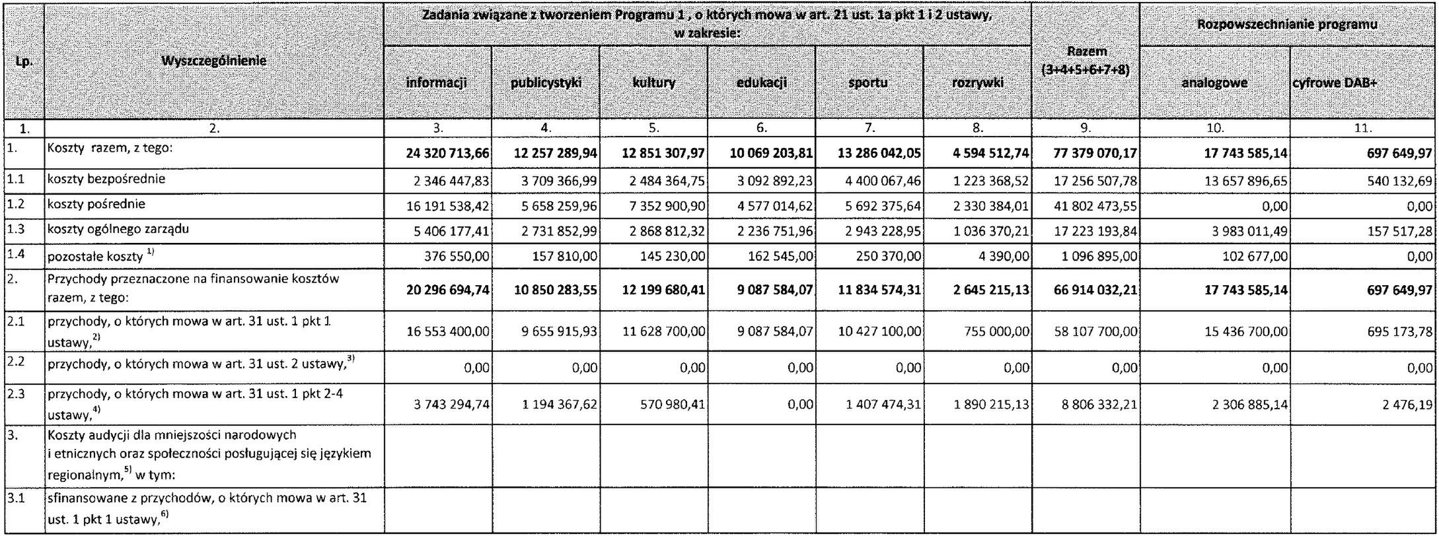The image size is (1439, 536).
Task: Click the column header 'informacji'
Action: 437,83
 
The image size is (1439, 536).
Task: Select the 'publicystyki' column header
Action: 545,83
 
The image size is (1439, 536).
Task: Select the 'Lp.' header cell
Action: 22,61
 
